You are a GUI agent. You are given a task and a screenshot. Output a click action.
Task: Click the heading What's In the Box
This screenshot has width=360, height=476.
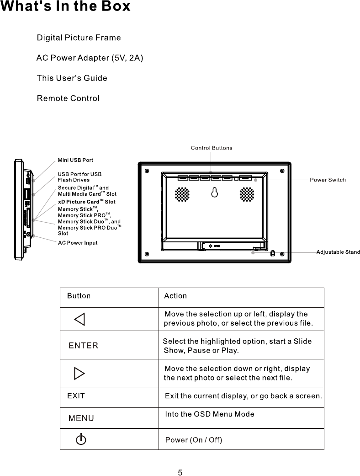65,7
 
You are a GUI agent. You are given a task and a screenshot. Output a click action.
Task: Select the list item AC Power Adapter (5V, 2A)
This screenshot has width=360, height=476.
90,58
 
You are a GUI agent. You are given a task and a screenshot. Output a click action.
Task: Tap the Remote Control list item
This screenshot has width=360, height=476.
68,98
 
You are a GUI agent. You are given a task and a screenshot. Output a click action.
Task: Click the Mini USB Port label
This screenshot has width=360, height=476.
75,160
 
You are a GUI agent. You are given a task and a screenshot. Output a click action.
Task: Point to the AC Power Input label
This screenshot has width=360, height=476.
78,243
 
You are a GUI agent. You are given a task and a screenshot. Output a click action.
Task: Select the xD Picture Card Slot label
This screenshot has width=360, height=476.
87,202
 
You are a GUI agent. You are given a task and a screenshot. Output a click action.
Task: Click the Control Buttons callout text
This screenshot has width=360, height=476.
211,148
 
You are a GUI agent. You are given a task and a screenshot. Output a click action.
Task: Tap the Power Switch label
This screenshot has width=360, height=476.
328,180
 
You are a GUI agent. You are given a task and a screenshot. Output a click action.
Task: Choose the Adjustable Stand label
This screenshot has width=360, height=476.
338,252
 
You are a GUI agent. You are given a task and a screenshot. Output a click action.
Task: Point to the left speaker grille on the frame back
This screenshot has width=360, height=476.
182,194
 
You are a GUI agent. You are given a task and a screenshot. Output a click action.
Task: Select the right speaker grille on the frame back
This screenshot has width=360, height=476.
247,194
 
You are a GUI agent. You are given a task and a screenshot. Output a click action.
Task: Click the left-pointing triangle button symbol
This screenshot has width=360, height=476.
79,319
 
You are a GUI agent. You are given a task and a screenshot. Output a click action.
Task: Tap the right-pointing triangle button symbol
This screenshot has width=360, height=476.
79,374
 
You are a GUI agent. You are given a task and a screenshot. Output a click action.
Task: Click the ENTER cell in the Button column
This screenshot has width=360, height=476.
83,346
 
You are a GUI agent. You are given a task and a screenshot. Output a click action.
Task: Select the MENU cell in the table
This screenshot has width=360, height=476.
81,418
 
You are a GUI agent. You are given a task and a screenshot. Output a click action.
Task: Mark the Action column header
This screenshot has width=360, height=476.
175,296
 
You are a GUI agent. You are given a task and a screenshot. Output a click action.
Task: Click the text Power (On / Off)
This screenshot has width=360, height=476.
193,440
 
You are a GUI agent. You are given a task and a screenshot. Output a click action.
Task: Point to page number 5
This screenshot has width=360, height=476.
180,472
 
